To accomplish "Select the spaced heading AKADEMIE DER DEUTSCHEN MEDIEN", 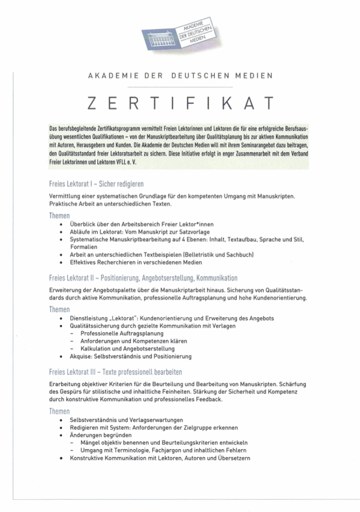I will tap(180, 76).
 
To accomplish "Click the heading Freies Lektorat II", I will tap(143, 277).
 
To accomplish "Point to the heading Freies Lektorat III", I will tap(115, 372).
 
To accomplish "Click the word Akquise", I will tap(81, 356).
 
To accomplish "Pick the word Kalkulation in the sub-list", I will tap(96, 348).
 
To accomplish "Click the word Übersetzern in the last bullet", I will tap(231, 458).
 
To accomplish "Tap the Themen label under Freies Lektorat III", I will tap(59, 411).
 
